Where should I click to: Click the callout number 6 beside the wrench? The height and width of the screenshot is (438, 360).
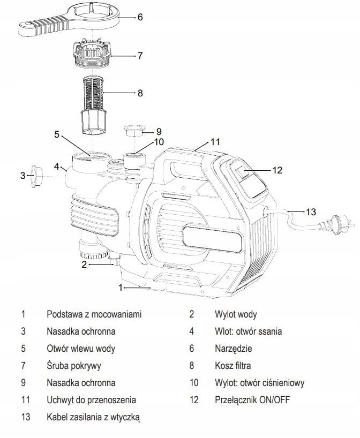point(140,17)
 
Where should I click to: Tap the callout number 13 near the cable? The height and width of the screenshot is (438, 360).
point(311,212)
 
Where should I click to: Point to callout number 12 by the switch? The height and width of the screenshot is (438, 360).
point(277,170)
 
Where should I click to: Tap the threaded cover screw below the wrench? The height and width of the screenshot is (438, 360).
point(92,53)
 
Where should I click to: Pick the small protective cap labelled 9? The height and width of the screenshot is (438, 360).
point(134,131)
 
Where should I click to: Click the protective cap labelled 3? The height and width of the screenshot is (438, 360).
point(37,176)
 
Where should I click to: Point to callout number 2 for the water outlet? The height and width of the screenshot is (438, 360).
point(84,264)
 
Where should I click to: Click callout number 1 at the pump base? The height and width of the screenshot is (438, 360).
point(121,287)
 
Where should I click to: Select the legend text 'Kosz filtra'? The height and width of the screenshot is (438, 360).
point(233,365)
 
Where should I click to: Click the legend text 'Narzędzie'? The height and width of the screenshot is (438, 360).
point(234,349)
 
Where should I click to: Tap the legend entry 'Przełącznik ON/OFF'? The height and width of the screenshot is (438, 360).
point(252,400)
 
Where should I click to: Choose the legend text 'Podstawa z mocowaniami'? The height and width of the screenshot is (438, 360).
point(94,314)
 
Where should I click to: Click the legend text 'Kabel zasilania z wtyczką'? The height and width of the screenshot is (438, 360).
point(93,417)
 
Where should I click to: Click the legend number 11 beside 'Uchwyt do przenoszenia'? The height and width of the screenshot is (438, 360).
point(26,400)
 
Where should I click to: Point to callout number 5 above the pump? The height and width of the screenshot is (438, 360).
point(57,134)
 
